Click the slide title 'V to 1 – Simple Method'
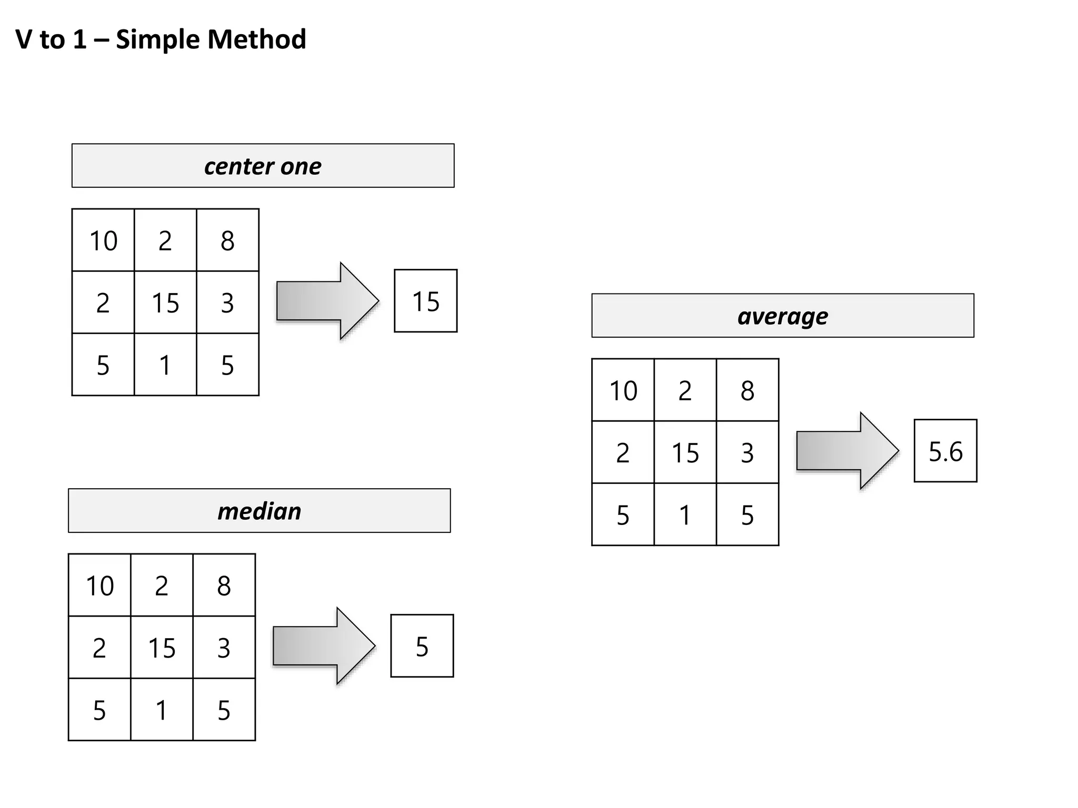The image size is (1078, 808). [x=161, y=39]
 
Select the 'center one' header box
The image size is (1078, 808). [x=263, y=166]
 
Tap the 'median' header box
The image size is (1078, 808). [x=259, y=511]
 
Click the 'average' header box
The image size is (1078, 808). [x=782, y=316]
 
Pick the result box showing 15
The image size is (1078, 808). [x=425, y=301]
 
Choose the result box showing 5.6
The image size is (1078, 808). [x=945, y=451]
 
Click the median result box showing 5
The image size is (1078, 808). [x=422, y=646]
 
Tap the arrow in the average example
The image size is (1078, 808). [x=847, y=451]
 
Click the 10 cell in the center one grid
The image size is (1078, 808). [x=103, y=240]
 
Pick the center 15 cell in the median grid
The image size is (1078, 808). [x=162, y=648]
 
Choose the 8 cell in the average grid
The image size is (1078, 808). [x=747, y=390]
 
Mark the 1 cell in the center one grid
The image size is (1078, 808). [x=165, y=365]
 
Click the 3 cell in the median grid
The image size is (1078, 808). [x=224, y=648]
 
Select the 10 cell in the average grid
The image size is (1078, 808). [x=623, y=390]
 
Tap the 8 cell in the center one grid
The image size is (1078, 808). [x=227, y=240]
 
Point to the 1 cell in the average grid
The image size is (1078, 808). [x=685, y=514]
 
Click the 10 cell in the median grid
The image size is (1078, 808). [x=99, y=585]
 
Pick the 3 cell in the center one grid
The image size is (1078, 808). [x=227, y=302]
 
